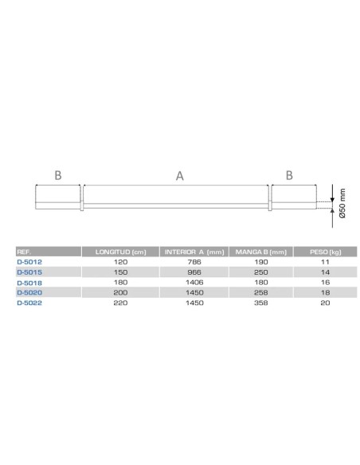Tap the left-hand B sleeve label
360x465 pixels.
58,175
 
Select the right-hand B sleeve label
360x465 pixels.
290,175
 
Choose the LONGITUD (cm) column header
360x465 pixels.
121,252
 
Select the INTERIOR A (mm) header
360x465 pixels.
194,252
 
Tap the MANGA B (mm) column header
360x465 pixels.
260,252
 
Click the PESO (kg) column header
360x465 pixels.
323,252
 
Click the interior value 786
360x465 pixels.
194,261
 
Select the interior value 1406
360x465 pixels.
194,282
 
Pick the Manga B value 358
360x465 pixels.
260,303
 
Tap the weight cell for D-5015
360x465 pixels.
323,272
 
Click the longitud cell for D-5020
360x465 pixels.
121,292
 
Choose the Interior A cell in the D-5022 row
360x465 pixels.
194,303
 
